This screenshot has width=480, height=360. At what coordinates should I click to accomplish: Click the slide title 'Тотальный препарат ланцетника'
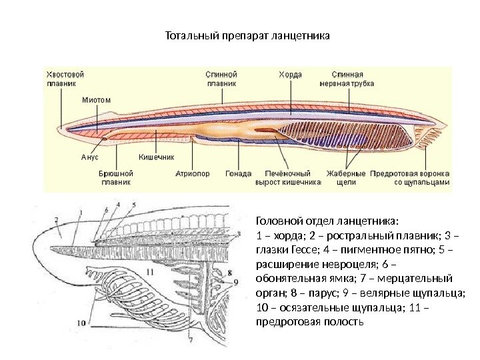247,34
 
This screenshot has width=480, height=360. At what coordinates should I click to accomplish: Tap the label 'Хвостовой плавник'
65,79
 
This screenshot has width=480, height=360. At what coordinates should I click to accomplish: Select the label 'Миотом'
96,100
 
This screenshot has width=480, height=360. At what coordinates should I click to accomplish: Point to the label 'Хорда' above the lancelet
289,75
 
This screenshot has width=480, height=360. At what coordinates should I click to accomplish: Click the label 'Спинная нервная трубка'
352,79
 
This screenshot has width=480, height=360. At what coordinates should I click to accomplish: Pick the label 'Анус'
89,157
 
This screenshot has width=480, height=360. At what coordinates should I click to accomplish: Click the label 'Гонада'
238,173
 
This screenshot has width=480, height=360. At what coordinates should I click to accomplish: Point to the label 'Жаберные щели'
342,177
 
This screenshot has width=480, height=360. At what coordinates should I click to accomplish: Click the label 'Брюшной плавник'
117,177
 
